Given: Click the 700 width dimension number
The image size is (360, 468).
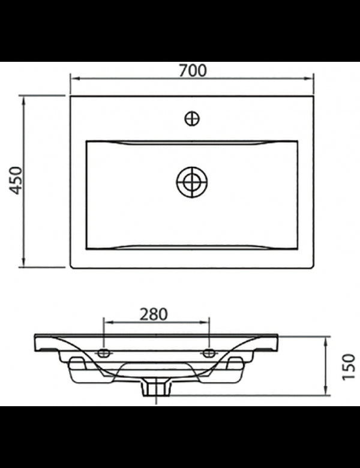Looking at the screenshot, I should (192, 70).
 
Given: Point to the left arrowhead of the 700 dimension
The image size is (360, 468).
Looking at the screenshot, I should (73, 78).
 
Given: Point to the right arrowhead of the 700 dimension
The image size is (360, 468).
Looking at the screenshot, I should (311, 78).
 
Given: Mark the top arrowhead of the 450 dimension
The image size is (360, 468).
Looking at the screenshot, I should (24, 98).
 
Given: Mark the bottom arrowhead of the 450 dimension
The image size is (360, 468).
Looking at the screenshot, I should (24, 264).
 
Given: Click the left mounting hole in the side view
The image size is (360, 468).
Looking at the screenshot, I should (104, 353).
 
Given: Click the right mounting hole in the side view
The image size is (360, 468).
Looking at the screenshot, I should (209, 353).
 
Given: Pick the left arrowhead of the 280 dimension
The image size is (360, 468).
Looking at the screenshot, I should (107, 323).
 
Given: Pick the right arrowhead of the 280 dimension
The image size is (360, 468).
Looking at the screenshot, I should (206, 323).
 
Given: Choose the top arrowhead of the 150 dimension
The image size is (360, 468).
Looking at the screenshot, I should (325, 340).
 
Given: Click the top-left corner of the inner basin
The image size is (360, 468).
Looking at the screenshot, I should (88, 142).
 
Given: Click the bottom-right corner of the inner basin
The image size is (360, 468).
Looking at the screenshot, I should (297, 248).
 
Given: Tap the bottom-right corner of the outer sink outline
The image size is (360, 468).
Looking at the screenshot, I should (313, 267).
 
